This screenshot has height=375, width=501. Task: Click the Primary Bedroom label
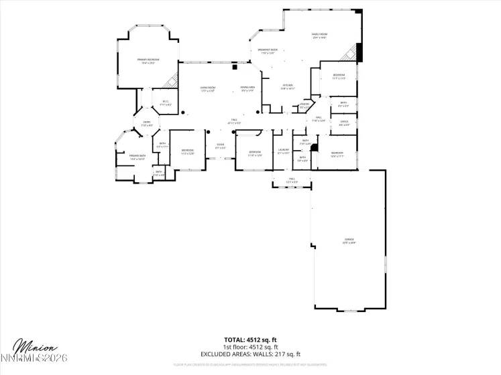(x=146, y=62)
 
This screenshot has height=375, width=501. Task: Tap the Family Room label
(x=319, y=35)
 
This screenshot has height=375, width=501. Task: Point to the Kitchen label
(x=287, y=86)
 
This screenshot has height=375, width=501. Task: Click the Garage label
(x=349, y=240)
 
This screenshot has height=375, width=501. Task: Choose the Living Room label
(x=207, y=88)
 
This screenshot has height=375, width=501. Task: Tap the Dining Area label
(x=247, y=88)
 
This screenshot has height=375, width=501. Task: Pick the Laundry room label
(x=283, y=151)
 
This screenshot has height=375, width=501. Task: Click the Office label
(x=343, y=124)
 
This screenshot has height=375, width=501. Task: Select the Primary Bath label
(x=137, y=158)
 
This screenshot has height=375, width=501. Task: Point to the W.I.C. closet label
(x=165, y=103)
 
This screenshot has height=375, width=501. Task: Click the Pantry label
(x=304, y=105)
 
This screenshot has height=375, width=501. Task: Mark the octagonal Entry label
(x=146, y=124)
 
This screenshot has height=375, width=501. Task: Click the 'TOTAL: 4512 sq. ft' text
(x=250, y=340)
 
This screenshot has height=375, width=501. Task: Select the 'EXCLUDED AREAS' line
(x=250, y=354)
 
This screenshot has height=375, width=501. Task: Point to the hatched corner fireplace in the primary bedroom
(x=172, y=79)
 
